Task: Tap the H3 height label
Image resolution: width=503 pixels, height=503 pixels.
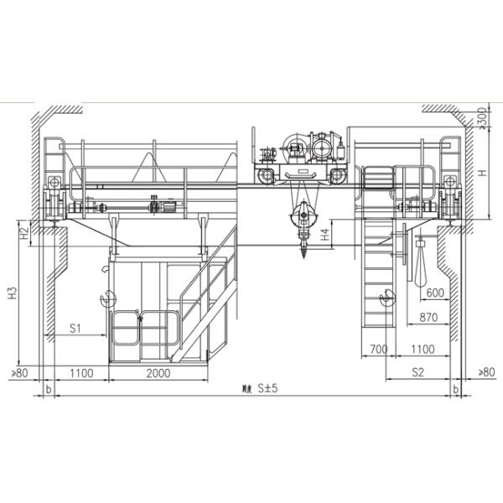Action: click(12, 293)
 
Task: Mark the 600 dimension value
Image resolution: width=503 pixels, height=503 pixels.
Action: click(435, 293)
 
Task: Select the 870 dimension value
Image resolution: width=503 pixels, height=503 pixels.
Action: click(429, 319)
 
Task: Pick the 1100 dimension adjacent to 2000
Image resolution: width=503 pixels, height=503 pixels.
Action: click(80, 371)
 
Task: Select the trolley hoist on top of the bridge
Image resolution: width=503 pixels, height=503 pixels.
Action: click(302, 155)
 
